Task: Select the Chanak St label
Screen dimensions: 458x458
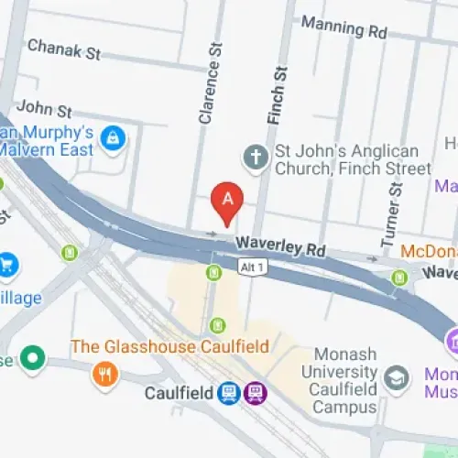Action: click(x=63, y=49)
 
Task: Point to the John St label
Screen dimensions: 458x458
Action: click(x=43, y=111)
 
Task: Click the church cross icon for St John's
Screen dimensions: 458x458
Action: click(x=255, y=158)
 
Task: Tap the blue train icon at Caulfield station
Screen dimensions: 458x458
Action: click(x=230, y=394)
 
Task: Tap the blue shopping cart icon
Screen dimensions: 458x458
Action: click(x=7, y=263)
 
